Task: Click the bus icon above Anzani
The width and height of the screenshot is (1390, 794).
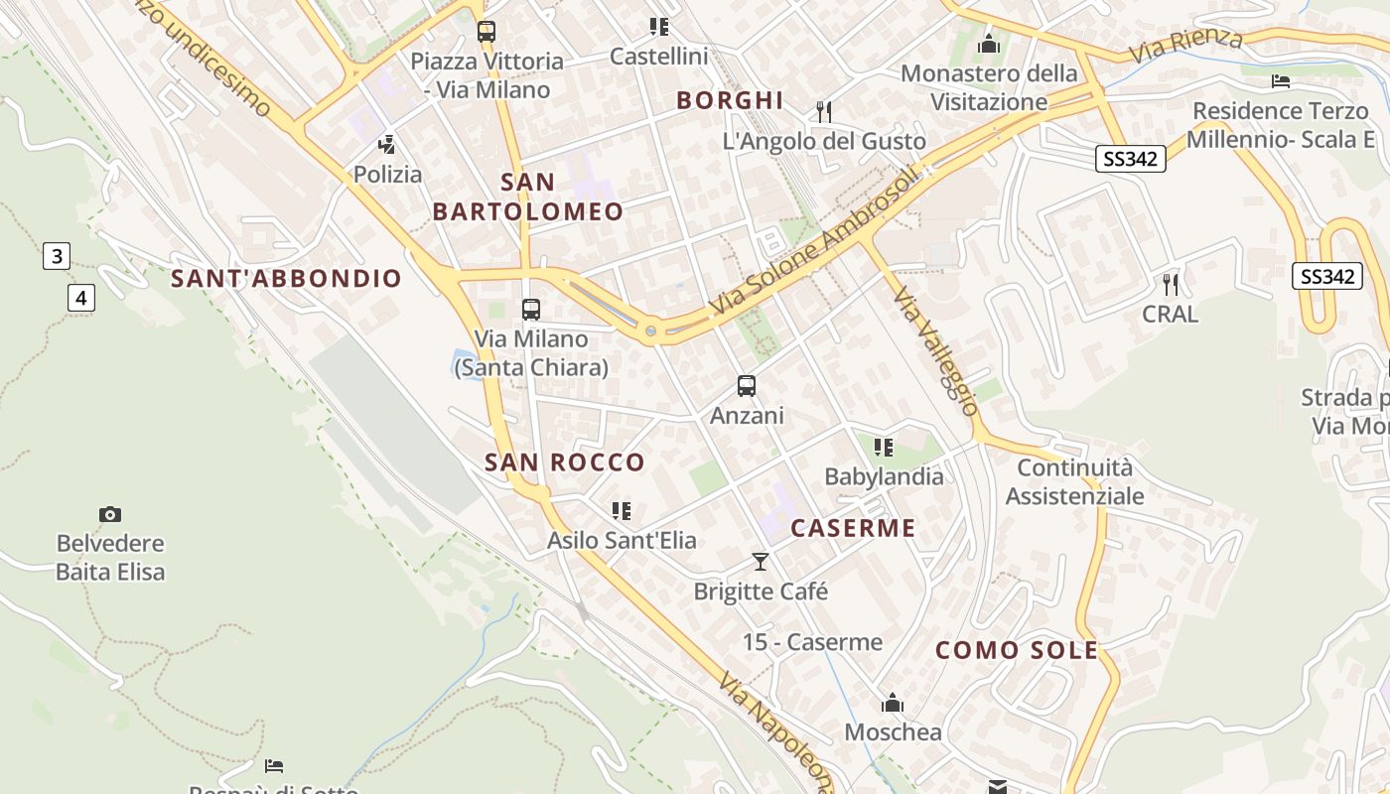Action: pos(747,386)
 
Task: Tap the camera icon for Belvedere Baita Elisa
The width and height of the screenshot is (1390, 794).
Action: pos(110,514)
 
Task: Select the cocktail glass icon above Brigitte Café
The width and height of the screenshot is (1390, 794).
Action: pos(761,562)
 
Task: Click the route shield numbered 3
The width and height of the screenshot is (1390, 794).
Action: pos(57,256)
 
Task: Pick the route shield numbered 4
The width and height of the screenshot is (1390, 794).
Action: pos(81,297)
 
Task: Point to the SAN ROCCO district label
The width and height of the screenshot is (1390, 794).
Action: pos(564,463)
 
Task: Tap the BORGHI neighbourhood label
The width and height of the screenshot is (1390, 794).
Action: pos(730,100)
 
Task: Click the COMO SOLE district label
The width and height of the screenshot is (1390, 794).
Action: pos(1017,651)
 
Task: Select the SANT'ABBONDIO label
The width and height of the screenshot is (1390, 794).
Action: pos(286,279)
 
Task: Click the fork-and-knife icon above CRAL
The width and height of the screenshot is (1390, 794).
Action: pos(1171,285)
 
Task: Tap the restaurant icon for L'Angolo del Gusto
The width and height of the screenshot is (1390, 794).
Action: pos(823,111)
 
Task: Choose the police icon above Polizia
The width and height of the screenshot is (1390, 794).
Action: pos(387,145)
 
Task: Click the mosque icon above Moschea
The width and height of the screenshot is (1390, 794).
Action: pos(893,704)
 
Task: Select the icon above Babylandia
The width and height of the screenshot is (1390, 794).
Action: pos(884,448)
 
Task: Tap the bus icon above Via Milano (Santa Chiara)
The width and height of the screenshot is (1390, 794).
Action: pos(531,310)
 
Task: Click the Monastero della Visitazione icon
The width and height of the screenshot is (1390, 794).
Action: pos(988,44)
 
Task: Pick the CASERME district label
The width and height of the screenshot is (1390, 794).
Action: pos(853,528)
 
